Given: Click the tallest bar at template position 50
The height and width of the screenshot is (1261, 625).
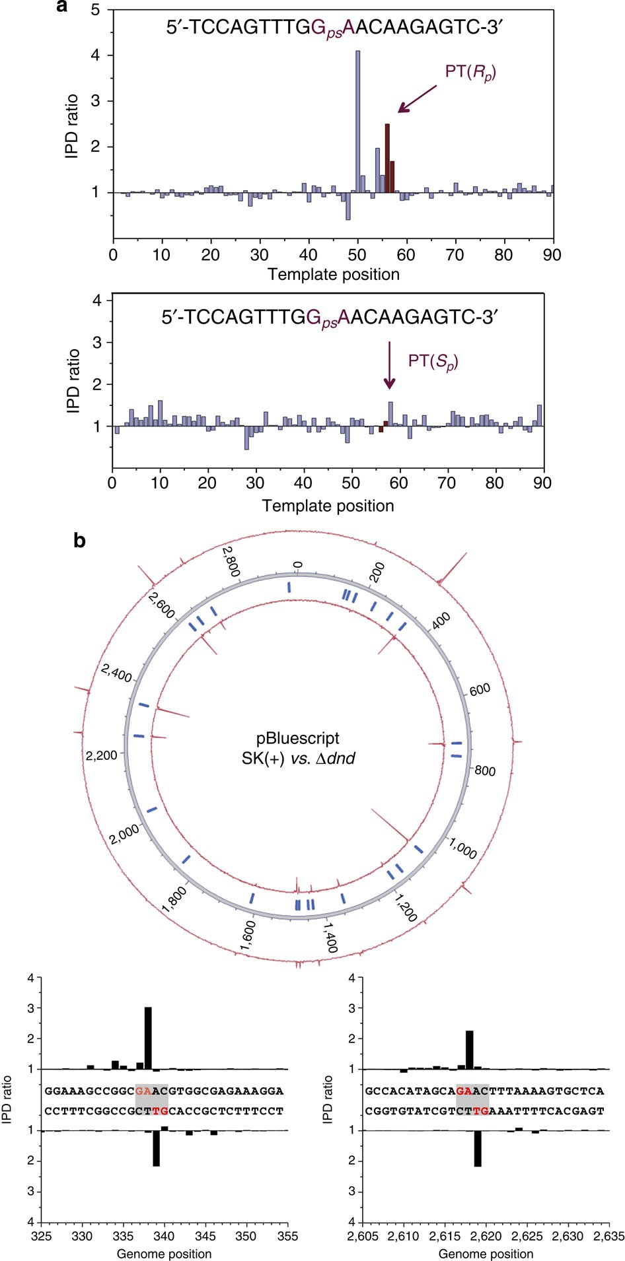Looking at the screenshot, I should click(x=358, y=121).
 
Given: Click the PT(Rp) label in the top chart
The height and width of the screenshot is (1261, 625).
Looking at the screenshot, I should click(x=470, y=71).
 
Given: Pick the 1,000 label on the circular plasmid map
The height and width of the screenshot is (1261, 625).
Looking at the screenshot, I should click(x=462, y=847).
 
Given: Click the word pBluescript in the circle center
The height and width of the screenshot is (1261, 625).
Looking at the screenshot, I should click(x=298, y=738).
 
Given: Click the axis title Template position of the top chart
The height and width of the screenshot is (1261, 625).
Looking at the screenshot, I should click(x=334, y=274).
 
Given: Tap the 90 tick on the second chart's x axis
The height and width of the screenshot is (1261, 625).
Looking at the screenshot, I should click(x=542, y=483).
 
